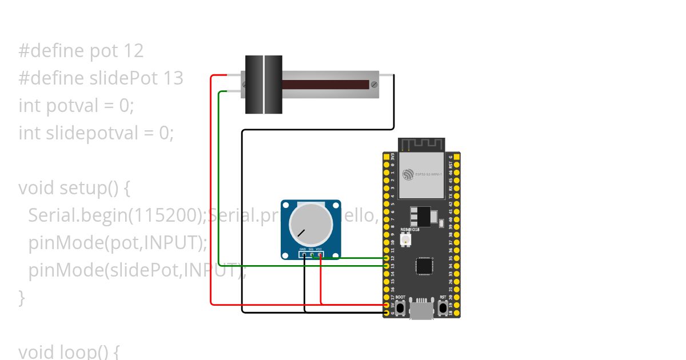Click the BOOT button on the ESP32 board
[x=400, y=308]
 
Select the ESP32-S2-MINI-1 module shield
[x=422, y=174]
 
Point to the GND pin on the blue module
[x=303, y=255]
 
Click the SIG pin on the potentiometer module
[x=312, y=255]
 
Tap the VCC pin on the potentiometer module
[x=320, y=255]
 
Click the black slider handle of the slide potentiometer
[x=264, y=85]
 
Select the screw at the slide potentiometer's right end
[x=374, y=85]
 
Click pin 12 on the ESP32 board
[x=387, y=258]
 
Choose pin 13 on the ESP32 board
[x=387, y=266]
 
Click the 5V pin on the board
[x=387, y=305]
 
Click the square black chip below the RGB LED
[x=424, y=266]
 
